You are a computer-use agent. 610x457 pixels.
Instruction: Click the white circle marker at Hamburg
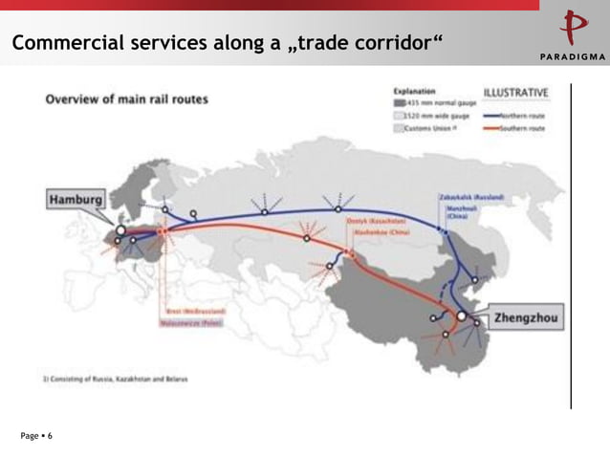click(121, 231)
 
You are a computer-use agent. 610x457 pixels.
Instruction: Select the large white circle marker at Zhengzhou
click(462, 315)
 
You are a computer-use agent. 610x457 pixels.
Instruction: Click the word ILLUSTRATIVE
click(516, 93)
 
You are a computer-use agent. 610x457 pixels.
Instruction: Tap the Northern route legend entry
click(515, 114)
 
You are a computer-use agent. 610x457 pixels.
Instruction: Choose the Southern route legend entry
click(515, 128)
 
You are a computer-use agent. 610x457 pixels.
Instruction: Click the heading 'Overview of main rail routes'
click(128, 99)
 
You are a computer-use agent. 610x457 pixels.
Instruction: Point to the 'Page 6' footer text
click(36, 436)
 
